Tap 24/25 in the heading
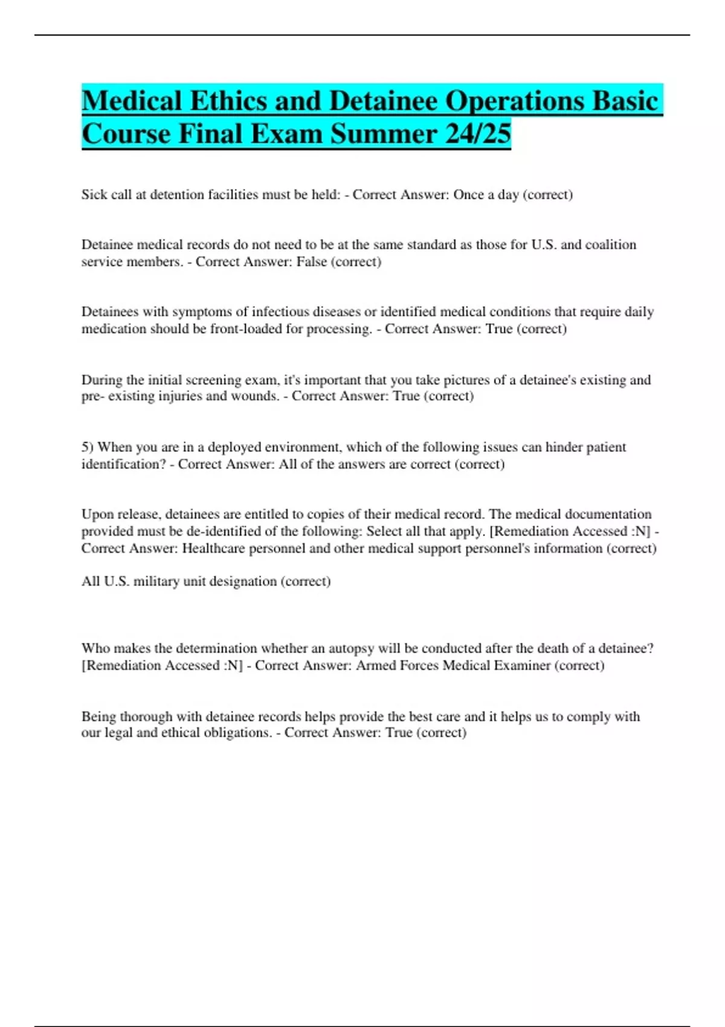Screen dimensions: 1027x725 tap(478, 134)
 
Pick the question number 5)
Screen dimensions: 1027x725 tap(88, 447)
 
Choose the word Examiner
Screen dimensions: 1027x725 tap(523, 665)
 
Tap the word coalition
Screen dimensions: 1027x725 tap(606, 245)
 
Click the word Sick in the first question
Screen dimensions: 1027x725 tap(94, 195)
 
